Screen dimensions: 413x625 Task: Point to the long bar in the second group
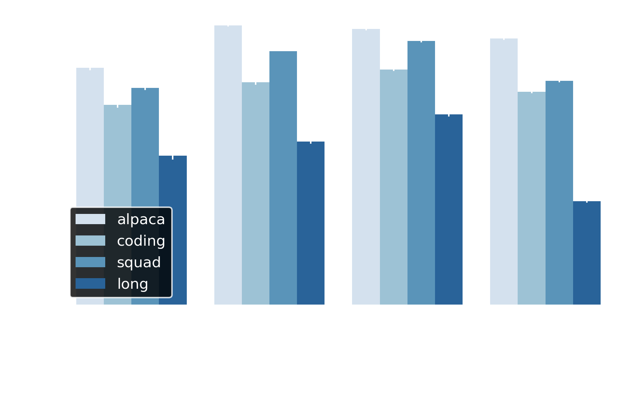[x=311, y=223]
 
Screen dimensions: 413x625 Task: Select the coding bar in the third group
[x=394, y=187]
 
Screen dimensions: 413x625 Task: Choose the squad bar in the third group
[x=421, y=173]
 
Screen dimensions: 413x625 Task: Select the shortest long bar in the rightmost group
[x=587, y=253]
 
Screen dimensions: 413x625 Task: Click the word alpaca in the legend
[x=141, y=220]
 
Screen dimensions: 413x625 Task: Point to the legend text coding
[x=141, y=241]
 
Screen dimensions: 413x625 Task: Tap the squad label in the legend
[x=139, y=263]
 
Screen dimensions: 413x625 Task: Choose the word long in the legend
[x=132, y=284]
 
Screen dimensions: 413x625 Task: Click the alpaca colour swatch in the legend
[x=90, y=219]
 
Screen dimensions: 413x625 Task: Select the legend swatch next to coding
[x=90, y=241]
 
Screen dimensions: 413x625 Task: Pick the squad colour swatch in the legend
[x=90, y=262]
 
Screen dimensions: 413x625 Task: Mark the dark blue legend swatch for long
[x=90, y=283]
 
